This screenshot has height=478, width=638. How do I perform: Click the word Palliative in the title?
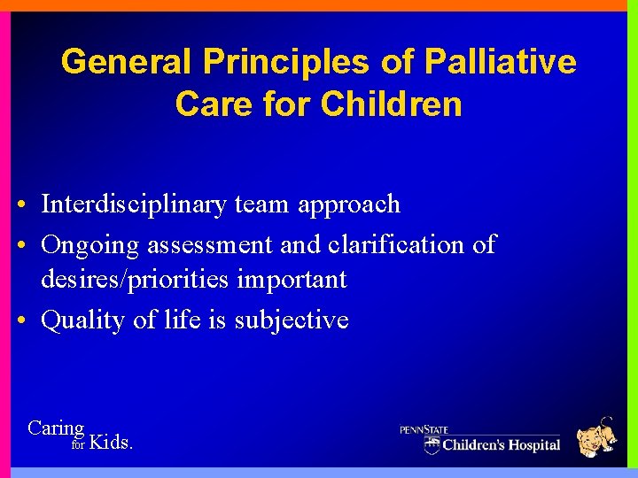(x=501, y=62)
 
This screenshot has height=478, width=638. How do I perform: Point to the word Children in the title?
(x=391, y=104)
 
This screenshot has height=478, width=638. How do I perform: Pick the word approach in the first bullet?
(x=349, y=205)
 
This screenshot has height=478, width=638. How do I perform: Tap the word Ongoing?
(x=90, y=245)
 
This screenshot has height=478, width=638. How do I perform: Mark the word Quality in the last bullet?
(x=83, y=320)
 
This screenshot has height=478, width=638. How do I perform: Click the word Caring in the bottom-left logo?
(x=56, y=428)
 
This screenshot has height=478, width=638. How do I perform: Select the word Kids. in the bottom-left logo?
(x=112, y=442)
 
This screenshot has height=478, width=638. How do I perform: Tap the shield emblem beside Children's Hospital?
(x=432, y=443)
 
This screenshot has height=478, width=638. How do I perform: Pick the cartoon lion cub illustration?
(x=596, y=437)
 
